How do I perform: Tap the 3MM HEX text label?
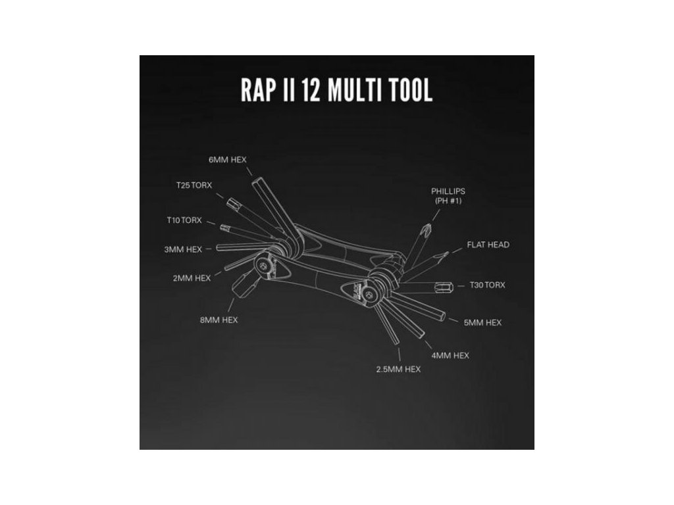click(183, 249)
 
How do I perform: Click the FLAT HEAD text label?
click(488, 245)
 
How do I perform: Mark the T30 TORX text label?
click(486, 285)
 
